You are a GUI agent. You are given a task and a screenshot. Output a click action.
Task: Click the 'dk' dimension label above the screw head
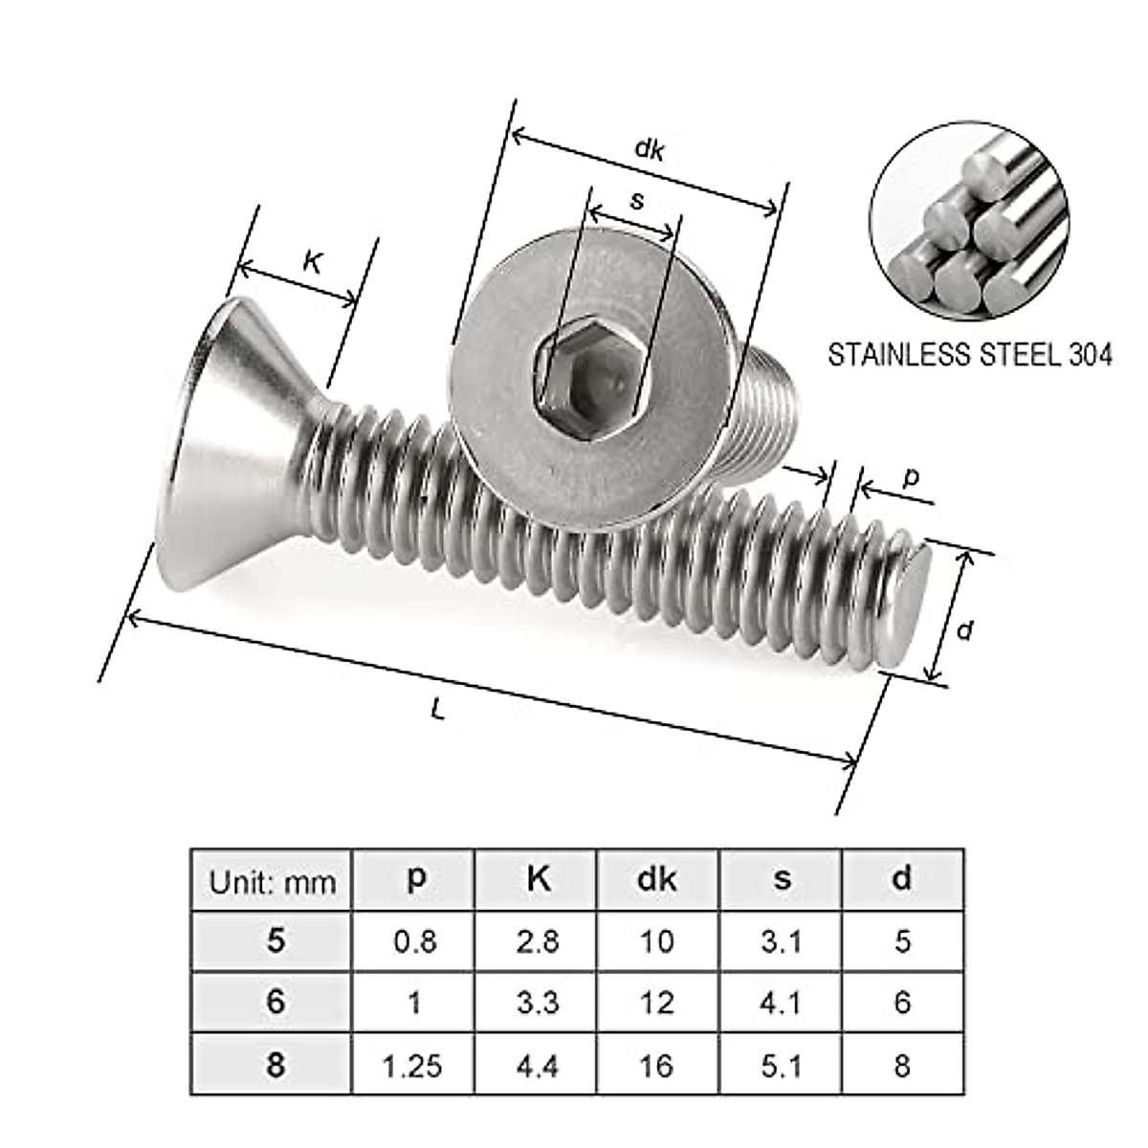coord(650,150)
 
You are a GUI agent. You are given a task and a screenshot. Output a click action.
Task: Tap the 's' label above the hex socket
coord(638,200)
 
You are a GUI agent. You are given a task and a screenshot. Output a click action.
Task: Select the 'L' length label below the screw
coord(438,709)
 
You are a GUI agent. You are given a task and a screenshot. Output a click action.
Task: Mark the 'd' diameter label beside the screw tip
coord(965,630)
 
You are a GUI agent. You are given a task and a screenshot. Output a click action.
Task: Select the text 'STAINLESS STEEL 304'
coord(969,356)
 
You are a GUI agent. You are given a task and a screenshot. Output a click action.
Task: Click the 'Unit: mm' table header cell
coord(273,881)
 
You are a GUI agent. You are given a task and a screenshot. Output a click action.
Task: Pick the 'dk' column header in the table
coord(656,879)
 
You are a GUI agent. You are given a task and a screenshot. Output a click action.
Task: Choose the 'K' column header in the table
coord(538,879)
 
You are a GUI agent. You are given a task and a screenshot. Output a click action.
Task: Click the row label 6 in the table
coord(276,1002)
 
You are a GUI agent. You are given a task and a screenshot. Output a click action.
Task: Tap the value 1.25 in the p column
coord(414,1065)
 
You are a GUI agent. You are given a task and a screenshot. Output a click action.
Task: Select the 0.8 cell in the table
coord(414,941)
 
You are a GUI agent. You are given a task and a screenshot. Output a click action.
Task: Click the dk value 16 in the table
coord(656,1065)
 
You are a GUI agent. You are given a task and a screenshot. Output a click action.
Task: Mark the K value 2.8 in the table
coord(537,941)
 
